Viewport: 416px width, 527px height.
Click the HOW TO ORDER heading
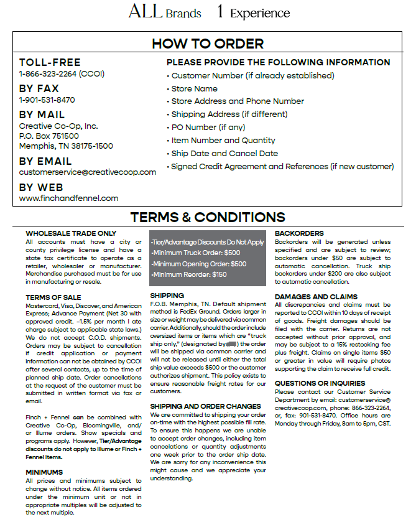(208, 44)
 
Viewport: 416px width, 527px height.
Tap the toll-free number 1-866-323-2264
(62, 74)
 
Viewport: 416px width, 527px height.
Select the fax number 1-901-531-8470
(47, 100)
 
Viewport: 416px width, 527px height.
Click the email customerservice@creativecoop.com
(88, 172)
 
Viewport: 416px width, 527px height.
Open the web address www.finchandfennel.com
(68, 198)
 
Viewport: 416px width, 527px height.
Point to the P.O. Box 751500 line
(49, 136)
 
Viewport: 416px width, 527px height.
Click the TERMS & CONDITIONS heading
(208, 217)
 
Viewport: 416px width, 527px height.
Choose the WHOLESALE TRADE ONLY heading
(71, 233)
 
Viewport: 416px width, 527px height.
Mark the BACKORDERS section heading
(299, 233)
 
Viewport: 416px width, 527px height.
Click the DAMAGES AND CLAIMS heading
(316, 297)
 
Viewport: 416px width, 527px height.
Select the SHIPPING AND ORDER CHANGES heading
(205, 406)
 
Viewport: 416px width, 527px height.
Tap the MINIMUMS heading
(44, 472)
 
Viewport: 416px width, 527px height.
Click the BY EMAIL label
(45, 161)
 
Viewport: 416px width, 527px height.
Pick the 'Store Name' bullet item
(194, 88)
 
